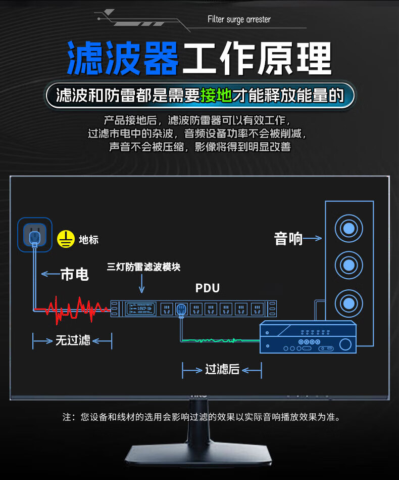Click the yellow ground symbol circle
(x=66, y=239)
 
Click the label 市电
(x=74, y=274)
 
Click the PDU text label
(x=208, y=288)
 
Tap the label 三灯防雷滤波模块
(x=143, y=267)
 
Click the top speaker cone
(x=348, y=229)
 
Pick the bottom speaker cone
(x=348, y=303)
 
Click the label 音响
(x=288, y=238)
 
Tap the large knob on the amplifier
(x=345, y=345)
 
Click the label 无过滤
(x=73, y=340)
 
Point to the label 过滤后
(x=222, y=370)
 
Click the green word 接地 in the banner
(x=216, y=95)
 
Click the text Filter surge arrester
(x=239, y=19)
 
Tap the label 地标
(x=88, y=239)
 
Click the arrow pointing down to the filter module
(x=142, y=284)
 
